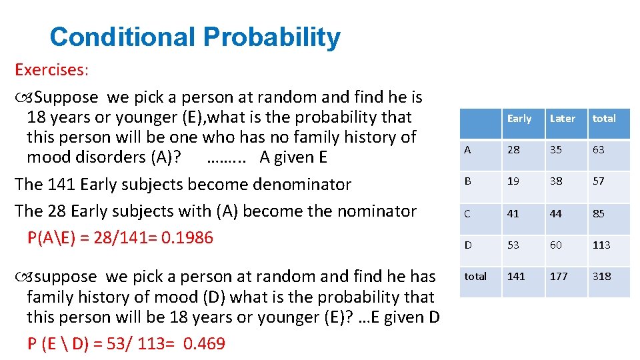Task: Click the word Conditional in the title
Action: click(x=123, y=37)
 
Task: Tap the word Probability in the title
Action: click(x=272, y=38)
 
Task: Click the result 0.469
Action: click(x=204, y=344)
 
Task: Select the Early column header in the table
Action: click(x=519, y=119)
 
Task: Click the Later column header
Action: click(x=562, y=119)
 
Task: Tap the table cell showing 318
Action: click(x=601, y=276)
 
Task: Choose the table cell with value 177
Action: click(x=559, y=276)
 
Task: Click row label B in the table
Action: click(x=467, y=181)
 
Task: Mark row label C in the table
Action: click(x=467, y=214)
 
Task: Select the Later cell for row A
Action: click(x=556, y=150)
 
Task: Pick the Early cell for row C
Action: click(x=513, y=214)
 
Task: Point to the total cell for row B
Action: click(x=599, y=181)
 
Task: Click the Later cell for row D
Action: click(x=556, y=245)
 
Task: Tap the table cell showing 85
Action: click(x=599, y=214)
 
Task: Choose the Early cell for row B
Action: click(x=513, y=181)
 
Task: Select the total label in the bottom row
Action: click(x=475, y=276)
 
